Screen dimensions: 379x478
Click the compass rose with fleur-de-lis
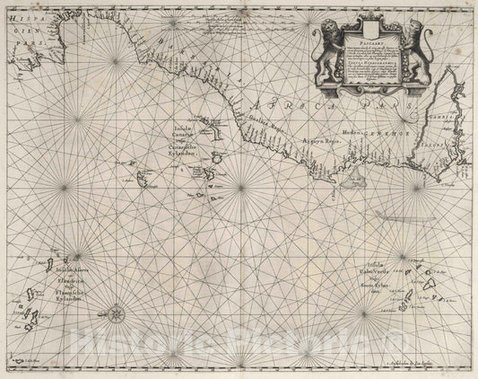click(x=117, y=314)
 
